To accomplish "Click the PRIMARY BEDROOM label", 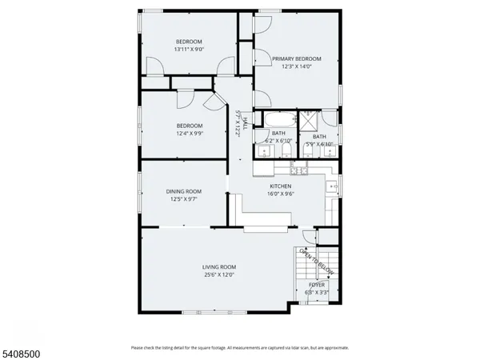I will [296, 58].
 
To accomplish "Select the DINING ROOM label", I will [183, 191].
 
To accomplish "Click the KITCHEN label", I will [280, 186].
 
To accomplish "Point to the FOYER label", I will [318, 285].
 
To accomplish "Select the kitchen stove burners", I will [298, 170].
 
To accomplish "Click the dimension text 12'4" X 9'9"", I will [190, 134].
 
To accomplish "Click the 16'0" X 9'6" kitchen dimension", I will [280, 194].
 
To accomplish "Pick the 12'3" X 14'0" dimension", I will [296, 66].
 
